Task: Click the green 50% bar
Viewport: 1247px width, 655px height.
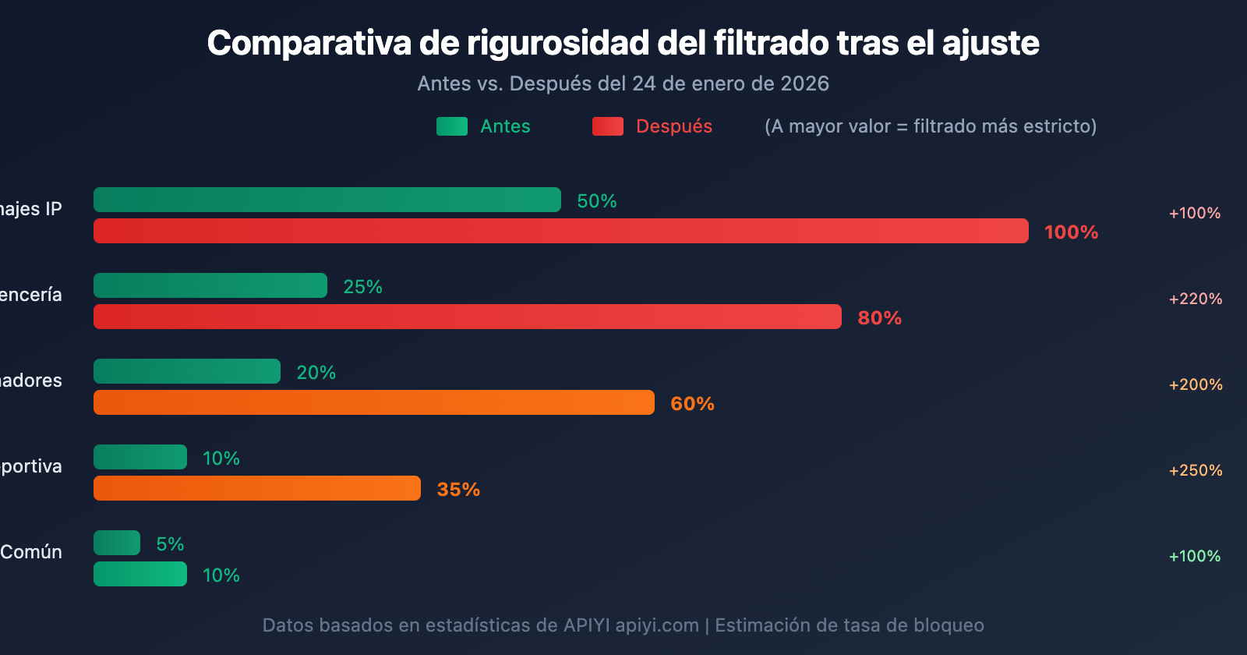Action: coord(327,200)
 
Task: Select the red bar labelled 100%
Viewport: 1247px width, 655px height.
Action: coord(561,231)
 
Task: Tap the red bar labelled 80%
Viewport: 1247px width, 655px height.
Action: coord(468,317)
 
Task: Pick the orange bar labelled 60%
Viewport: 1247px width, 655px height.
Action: coord(374,402)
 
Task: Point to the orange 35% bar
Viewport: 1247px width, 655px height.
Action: coord(257,488)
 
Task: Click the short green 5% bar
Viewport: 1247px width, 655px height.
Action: coord(117,543)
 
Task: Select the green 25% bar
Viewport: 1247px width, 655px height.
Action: coord(210,285)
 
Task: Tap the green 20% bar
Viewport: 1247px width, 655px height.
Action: coord(187,371)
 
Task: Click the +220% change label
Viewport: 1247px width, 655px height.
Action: coord(1195,299)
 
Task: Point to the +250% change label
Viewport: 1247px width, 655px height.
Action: coord(1195,470)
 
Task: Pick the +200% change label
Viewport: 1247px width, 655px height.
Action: coord(1195,384)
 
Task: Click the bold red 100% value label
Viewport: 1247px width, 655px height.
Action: coord(1071,232)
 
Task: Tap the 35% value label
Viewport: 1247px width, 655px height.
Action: coord(458,490)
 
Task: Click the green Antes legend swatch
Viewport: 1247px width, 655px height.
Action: coord(452,126)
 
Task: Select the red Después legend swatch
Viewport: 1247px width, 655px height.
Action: coord(608,126)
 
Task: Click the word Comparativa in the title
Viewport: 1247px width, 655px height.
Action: coord(309,44)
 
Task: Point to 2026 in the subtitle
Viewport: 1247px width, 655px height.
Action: coord(804,83)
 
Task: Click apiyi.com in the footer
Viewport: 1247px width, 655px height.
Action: coord(657,625)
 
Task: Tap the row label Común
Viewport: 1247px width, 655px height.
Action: coord(31,552)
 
